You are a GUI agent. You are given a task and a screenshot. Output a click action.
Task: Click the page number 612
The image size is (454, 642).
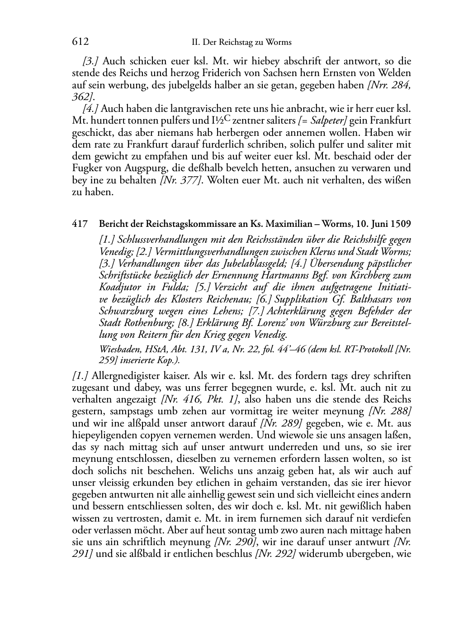[x=80, y=42]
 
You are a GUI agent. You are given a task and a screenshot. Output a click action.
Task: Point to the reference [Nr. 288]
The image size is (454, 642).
[x=390, y=412]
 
